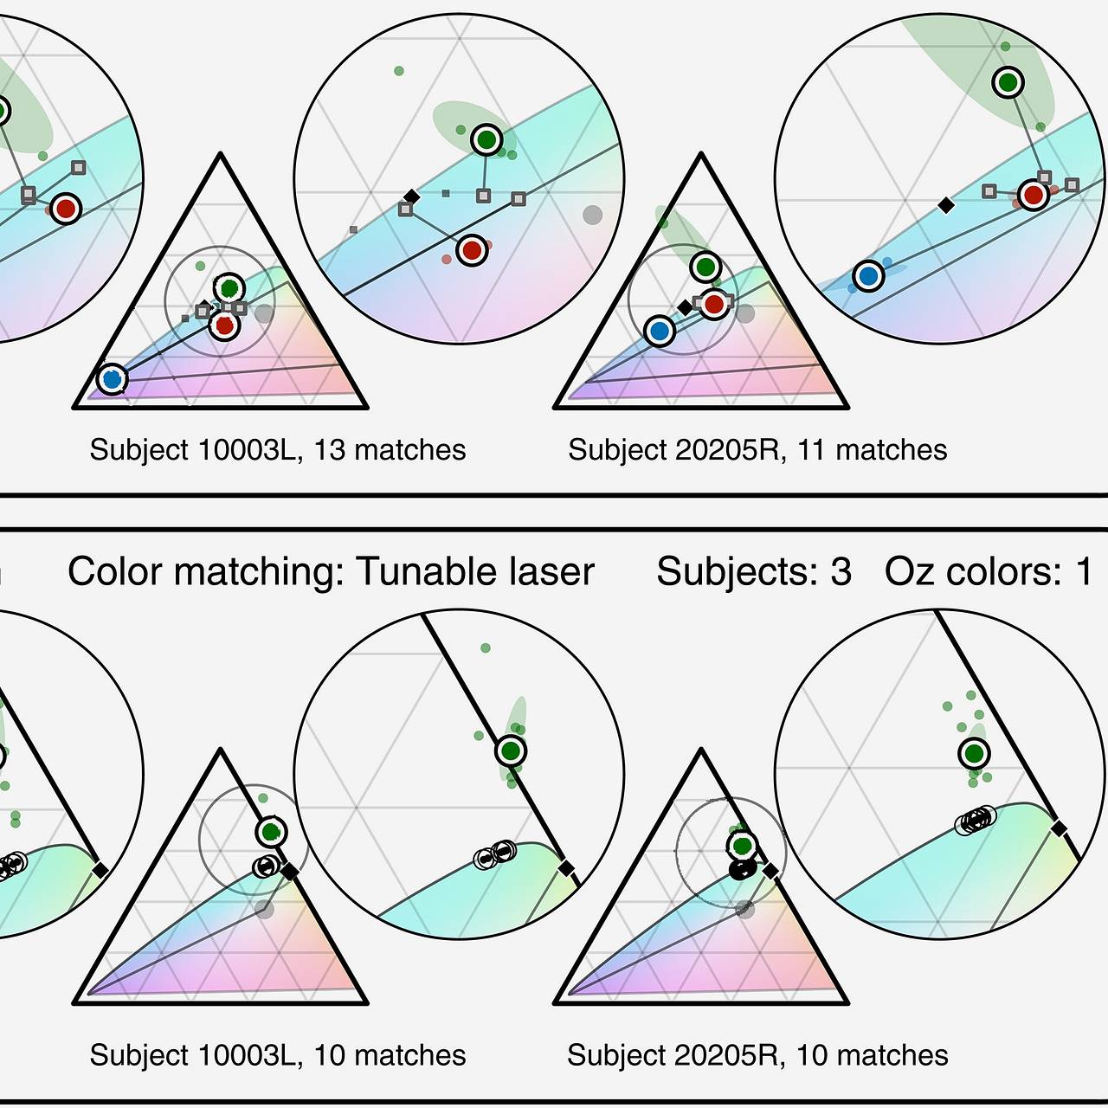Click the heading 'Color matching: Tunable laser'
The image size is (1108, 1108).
coord(331,572)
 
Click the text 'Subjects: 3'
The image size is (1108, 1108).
coord(754,572)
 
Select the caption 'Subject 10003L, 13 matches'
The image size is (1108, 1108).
coord(278,450)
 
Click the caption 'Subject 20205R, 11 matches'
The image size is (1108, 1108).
coord(757,450)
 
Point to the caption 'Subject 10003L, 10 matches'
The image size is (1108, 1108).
coord(278,1055)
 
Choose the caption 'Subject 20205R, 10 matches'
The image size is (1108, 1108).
coord(757,1055)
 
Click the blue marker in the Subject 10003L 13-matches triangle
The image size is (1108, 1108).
coord(112,378)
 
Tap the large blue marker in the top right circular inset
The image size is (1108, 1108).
coord(868,276)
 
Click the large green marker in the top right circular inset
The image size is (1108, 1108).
coord(1008,83)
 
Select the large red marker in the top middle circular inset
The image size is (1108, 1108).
coord(472,251)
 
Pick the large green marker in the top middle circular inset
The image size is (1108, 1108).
coord(487,138)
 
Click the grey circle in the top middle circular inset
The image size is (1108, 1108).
coord(592,215)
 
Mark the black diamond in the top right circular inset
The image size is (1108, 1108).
coord(947,205)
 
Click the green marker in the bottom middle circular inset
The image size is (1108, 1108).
coord(511,750)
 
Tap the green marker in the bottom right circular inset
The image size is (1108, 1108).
coord(975,753)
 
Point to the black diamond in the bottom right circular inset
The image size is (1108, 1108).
coord(1059,829)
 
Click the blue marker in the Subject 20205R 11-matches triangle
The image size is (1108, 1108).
coord(660,331)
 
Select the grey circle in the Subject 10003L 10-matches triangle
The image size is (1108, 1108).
coord(265,909)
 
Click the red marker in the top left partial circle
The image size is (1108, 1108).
coord(65,208)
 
